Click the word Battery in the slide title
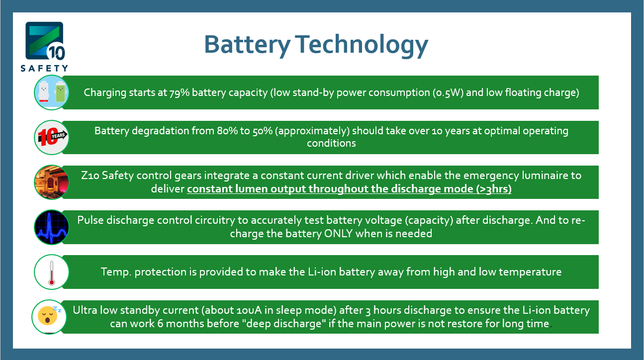tap(247, 45)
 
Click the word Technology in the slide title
tap(362, 45)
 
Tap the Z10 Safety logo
tap(45, 47)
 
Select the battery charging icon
tap(51, 92)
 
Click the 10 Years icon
tap(51, 137)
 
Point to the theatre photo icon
tap(51, 182)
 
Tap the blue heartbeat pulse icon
tap(51, 227)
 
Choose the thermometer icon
tap(51, 272)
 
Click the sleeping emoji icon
tap(49, 317)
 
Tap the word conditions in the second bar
tap(331, 143)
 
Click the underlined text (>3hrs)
tap(494, 189)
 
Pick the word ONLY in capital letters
tap(338, 234)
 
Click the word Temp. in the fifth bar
tap(116, 272)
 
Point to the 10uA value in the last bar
tap(249, 311)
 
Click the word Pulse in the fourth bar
tap(91, 220)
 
